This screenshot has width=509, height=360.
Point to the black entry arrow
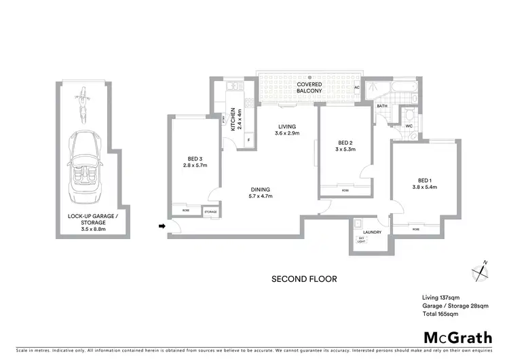(162, 226)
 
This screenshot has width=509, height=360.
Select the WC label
(409, 126)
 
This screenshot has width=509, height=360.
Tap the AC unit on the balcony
(357, 88)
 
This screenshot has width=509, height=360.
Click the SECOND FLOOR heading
(304, 278)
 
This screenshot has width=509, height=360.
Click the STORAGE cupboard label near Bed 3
(211, 212)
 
